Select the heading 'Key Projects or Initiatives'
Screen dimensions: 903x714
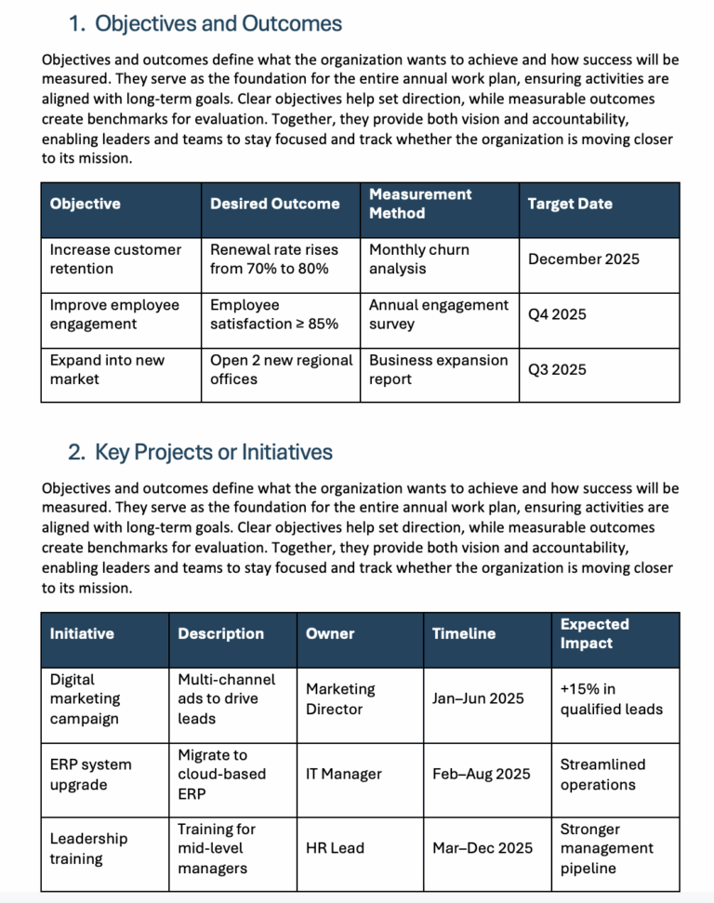pos(213,452)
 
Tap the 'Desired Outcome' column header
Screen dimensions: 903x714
pos(274,204)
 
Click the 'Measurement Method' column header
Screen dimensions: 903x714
pos(420,204)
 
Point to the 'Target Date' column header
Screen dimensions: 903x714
pos(570,204)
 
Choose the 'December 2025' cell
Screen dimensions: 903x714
pos(583,259)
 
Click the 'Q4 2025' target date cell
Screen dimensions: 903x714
pos(557,314)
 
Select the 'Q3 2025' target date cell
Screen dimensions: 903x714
pos(557,369)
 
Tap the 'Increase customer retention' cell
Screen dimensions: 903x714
pos(115,259)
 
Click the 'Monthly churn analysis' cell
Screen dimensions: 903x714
pos(419,259)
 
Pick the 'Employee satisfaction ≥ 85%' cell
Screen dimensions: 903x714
pos(274,314)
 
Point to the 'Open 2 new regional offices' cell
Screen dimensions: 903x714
pos(281,369)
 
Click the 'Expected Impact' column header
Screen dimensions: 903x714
pos(594,633)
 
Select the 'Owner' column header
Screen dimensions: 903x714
pos(330,633)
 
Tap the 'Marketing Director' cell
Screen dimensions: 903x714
pos(340,699)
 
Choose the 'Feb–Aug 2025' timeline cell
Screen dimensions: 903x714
pos(481,774)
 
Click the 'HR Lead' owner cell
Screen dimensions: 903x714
pos(335,848)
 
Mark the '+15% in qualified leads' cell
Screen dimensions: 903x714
pos(611,699)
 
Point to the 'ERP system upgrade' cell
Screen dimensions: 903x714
pos(90,775)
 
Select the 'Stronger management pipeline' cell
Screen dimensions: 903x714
pos(606,848)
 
